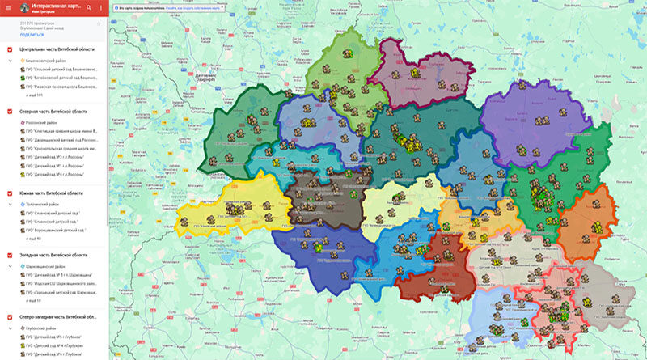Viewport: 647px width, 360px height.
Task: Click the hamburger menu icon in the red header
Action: (9, 7)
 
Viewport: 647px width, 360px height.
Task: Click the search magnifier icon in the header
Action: (89, 7)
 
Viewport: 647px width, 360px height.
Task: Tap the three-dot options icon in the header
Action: (101, 7)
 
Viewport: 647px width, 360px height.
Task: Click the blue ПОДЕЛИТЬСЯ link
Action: (32, 36)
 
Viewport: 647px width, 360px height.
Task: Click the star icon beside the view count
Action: (99, 24)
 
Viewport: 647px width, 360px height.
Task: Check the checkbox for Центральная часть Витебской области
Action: (9, 50)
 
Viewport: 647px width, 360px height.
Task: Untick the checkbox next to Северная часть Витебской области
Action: (9, 112)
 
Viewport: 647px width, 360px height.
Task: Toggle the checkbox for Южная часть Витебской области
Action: (9, 194)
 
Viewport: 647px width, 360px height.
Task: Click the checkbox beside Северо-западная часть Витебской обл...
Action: (9, 317)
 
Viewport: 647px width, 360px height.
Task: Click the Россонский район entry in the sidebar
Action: (44, 123)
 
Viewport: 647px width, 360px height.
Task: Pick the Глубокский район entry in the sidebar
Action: (44, 328)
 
